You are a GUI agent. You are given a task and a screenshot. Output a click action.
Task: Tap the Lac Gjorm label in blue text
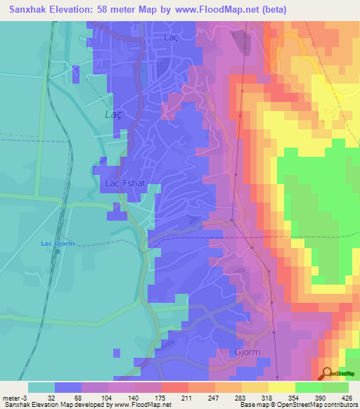(58, 244)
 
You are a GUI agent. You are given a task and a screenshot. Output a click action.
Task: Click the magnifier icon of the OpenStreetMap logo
(328, 373)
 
